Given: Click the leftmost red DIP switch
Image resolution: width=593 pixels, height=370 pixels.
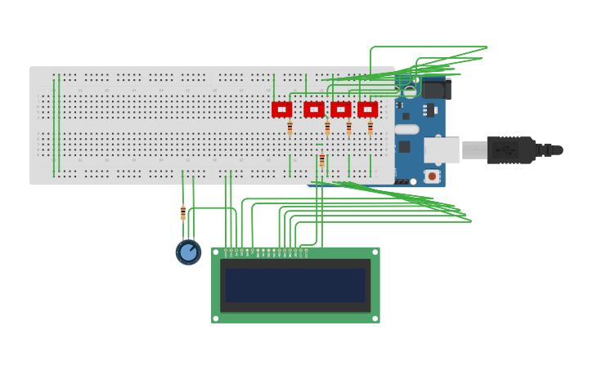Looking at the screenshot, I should (281, 109).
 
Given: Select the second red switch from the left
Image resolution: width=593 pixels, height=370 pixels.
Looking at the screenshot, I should (314, 109).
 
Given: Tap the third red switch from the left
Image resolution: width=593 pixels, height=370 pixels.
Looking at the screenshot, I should (341, 109).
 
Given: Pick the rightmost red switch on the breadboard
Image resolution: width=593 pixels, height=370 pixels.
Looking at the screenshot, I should (368, 109).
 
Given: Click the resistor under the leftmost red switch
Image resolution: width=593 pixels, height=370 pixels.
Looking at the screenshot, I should (290, 127).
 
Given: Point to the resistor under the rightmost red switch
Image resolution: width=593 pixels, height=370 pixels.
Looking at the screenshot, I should (370, 127).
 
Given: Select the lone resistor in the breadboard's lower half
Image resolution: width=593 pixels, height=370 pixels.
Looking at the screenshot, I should (322, 160).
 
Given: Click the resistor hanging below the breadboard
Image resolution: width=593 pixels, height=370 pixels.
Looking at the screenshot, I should (183, 213).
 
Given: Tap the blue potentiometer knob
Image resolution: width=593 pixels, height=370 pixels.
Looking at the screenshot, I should (189, 252).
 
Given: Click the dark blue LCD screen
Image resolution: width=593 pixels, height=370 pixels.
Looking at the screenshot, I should (295, 285).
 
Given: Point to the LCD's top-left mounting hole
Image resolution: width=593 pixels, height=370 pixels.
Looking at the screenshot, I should (215, 252).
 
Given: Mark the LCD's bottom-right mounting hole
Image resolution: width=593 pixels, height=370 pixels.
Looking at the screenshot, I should (375, 319).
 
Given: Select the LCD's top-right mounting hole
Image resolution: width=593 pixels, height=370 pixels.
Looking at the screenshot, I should (375, 252).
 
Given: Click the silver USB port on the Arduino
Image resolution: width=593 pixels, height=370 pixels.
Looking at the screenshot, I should (442, 150).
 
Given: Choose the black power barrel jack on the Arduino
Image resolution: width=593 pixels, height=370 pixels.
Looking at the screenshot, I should (436, 88).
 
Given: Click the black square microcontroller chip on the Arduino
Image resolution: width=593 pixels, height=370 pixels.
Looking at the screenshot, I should (404, 147).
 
